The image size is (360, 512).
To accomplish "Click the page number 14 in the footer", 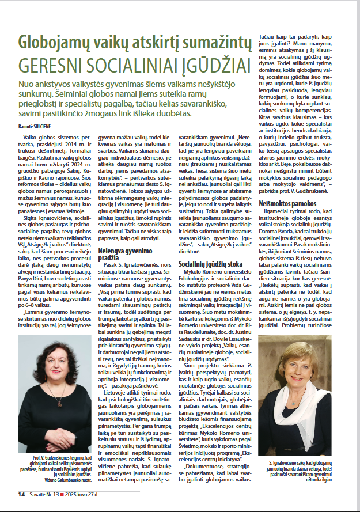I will click(21, 494).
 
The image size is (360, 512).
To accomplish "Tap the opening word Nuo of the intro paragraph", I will click(26, 84).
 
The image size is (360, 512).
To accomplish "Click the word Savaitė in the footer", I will click(38, 494).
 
